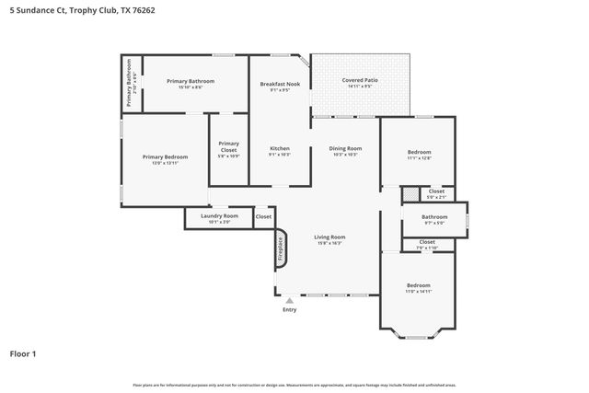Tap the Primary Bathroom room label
click(x=191, y=81)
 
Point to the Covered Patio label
click(x=360, y=81)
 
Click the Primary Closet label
click(x=228, y=146)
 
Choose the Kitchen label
click(x=280, y=149)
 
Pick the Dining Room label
click(x=346, y=149)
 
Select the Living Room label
click(x=329, y=237)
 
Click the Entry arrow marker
click(x=290, y=299)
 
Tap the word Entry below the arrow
click(x=290, y=309)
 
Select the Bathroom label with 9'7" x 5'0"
click(x=433, y=217)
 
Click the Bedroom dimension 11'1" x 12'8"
click(x=419, y=158)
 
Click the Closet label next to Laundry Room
click(x=263, y=217)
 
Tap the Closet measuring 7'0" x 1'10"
click(x=427, y=244)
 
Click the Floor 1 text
click(x=23, y=353)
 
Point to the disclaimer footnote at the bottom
click(x=294, y=385)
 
